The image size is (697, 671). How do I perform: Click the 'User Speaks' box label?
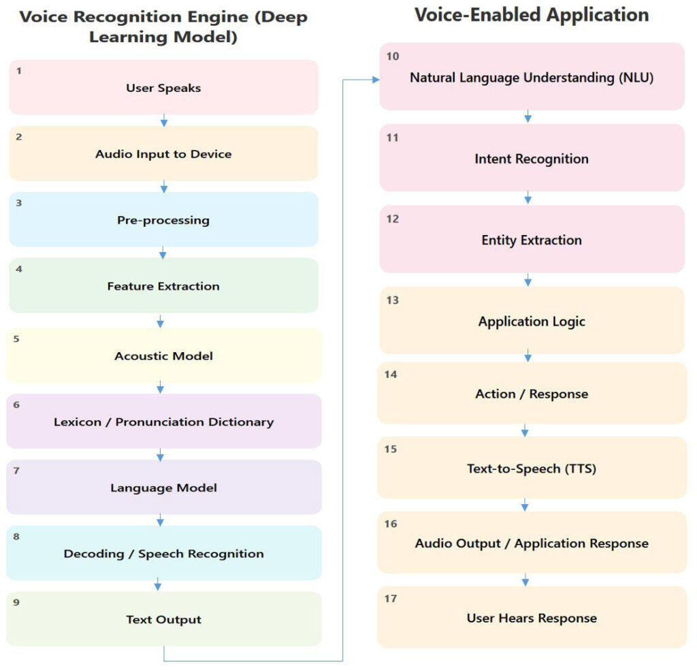click(x=163, y=88)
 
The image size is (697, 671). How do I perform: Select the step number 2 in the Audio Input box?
click(x=18, y=137)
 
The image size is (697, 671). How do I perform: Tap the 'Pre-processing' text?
click(x=163, y=220)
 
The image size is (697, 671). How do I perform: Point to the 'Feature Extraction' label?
click(x=163, y=286)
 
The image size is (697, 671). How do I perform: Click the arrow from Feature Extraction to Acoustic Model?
click(x=160, y=322)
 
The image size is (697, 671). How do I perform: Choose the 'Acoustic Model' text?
click(x=163, y=356)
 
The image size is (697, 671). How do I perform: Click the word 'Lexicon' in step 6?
click(x=78, y=422)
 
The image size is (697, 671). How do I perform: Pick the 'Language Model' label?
click(x=163, y=488)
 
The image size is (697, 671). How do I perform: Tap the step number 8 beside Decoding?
click(x=16, y=537)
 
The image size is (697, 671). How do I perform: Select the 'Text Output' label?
click(x=163, y=620)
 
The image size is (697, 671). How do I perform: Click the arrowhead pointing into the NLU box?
click(x=376, y=80)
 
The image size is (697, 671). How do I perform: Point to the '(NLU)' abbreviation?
click(x=636, y=78)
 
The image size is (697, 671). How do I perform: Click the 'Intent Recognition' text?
click(x=532, y=159)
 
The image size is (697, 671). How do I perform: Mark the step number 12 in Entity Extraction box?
click(x=393, y=219)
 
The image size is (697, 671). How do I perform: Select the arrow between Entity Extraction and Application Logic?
click(x=528, y=280)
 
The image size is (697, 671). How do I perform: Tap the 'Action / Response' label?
click(x=532, y=394)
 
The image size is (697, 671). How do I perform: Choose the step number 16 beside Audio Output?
click(x=391, y=524)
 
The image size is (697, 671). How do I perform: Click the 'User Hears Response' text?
click(x=532, y=618)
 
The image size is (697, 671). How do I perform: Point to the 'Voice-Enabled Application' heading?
click(x=532, y=15)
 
